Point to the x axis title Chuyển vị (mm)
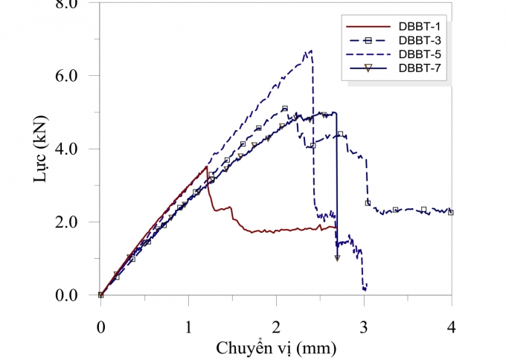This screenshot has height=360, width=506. click(x=276, y=347)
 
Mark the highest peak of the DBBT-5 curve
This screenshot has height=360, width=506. click(x=310, y=51)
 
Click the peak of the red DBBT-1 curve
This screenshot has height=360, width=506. click(x=206, y=167)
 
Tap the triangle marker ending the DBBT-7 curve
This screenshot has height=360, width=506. click(x=337, y=258)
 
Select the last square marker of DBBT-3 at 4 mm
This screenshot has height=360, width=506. click(x=451, y=212)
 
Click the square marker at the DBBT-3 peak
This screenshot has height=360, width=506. click(x=285, y=109)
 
